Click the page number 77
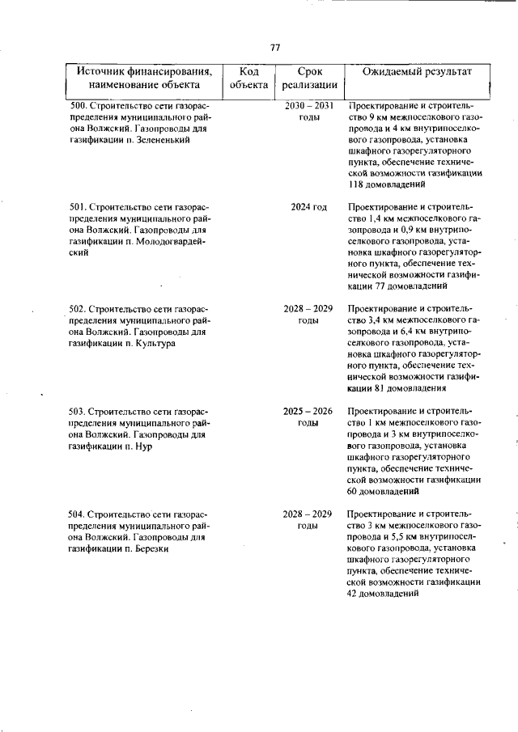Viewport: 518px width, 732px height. point(275,48)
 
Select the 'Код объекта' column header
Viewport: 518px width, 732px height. point(248,78)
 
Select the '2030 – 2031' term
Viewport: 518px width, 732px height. point(309,106)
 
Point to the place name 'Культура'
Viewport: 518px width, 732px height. point(155,343)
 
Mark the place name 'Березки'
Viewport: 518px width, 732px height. point(150,548)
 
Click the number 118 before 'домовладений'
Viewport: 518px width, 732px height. point(355,184)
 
